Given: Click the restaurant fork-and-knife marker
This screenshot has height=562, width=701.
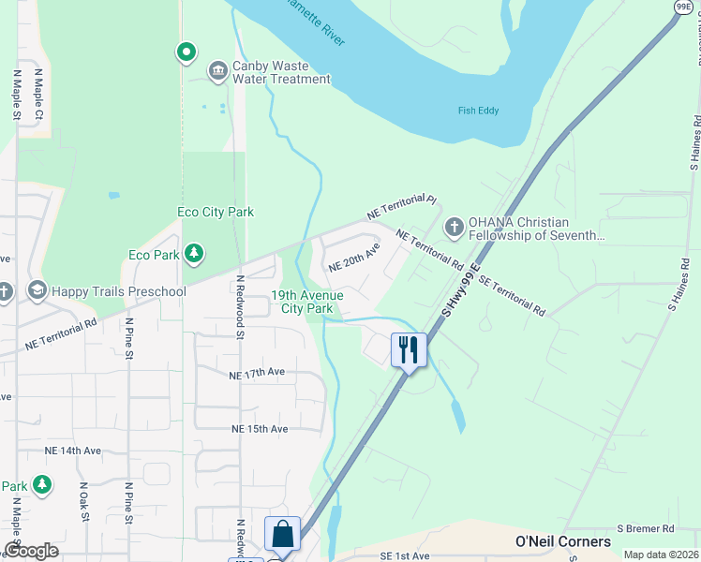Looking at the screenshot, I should pos(409,350).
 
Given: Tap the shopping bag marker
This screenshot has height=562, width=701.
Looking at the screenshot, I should pos(282,535).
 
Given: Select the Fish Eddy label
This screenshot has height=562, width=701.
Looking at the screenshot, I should pos(478,111).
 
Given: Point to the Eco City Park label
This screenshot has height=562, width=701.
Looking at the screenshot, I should pos(216,213).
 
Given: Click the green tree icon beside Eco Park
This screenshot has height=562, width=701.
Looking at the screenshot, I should pos(194,254).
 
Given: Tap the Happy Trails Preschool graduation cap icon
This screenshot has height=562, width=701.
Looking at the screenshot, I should pos(37,291).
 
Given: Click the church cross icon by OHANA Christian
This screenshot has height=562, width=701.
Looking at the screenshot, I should pos(454,228).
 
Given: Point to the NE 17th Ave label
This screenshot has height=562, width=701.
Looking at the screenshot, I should pos(257,373).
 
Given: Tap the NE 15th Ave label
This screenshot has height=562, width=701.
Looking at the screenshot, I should pos(260,429).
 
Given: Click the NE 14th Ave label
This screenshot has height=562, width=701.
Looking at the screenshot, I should pos(72,451).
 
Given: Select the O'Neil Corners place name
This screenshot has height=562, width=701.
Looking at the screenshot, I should pos(563,541).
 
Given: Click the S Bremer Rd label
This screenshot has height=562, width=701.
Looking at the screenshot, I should pos(647,529).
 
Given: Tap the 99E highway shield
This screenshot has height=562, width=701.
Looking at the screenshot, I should pos(683,7).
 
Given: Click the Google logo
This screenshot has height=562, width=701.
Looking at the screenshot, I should pos(32,551).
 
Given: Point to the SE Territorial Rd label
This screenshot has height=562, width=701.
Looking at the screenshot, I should pos(512,294).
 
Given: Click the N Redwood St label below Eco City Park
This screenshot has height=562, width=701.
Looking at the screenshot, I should pos(240,307).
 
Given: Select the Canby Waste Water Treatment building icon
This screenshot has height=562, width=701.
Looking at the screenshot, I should pos(217,71).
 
